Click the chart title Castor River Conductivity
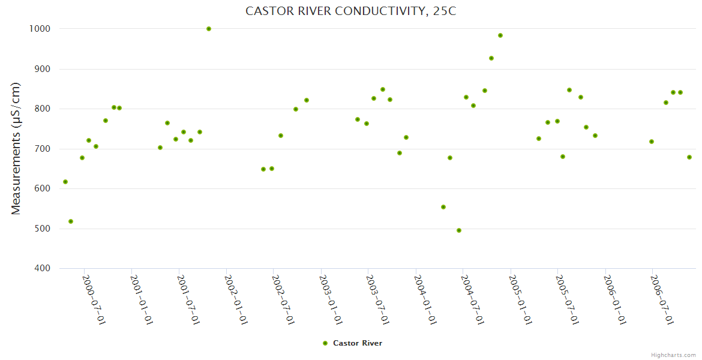351,11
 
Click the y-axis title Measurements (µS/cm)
16,148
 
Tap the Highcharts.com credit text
673,355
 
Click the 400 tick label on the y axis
42,268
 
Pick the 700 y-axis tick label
42,149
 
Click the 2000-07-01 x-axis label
94,299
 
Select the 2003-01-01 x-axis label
331,299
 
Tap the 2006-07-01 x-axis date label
662,299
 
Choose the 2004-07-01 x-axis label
473,299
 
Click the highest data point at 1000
209,29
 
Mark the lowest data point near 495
459,230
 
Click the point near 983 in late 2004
500,35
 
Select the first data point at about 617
65,182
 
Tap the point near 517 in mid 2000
71,221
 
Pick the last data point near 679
689,157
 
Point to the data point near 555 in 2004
443,207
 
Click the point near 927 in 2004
491,58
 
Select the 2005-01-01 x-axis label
520,299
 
